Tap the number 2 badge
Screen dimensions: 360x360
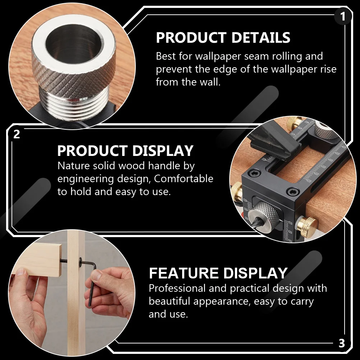(17, 134)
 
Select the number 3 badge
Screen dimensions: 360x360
(342, 343)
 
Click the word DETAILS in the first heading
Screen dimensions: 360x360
(256, 38)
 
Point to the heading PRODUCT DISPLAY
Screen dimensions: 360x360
(125, 151)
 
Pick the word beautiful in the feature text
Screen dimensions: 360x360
(170, 301)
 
